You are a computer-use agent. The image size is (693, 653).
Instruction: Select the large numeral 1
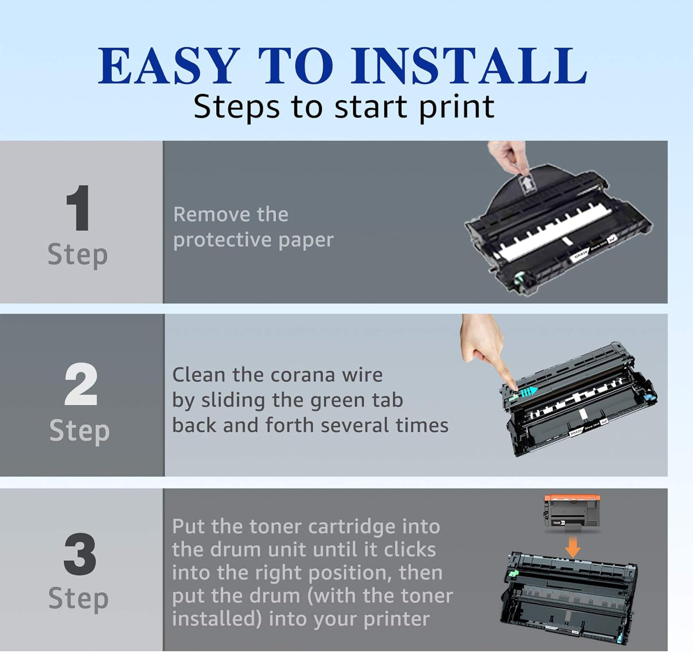(x=78, y=208)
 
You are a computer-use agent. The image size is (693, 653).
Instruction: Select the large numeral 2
(x=81, y=385)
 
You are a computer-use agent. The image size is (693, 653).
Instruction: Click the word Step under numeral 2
(x=80, y=431)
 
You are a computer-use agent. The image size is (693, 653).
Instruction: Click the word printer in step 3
(x=396, y=619)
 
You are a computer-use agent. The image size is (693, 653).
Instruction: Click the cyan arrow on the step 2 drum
(x=528, y=391)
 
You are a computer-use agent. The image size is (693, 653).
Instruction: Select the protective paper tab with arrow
(x=527, y=184)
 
